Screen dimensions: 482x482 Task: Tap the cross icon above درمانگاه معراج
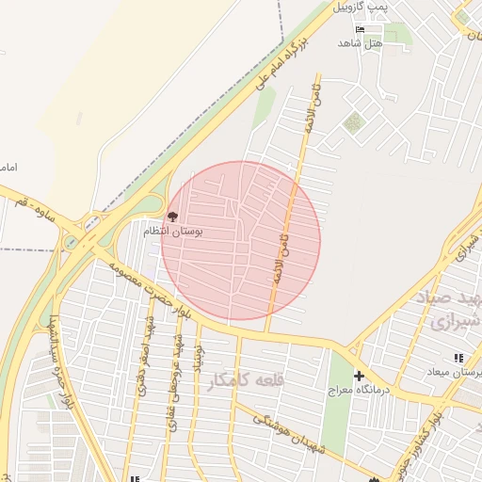click(359, 376)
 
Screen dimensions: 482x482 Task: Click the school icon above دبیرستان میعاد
click(458, 358)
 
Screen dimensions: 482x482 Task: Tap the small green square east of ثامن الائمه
click(354, 122)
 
